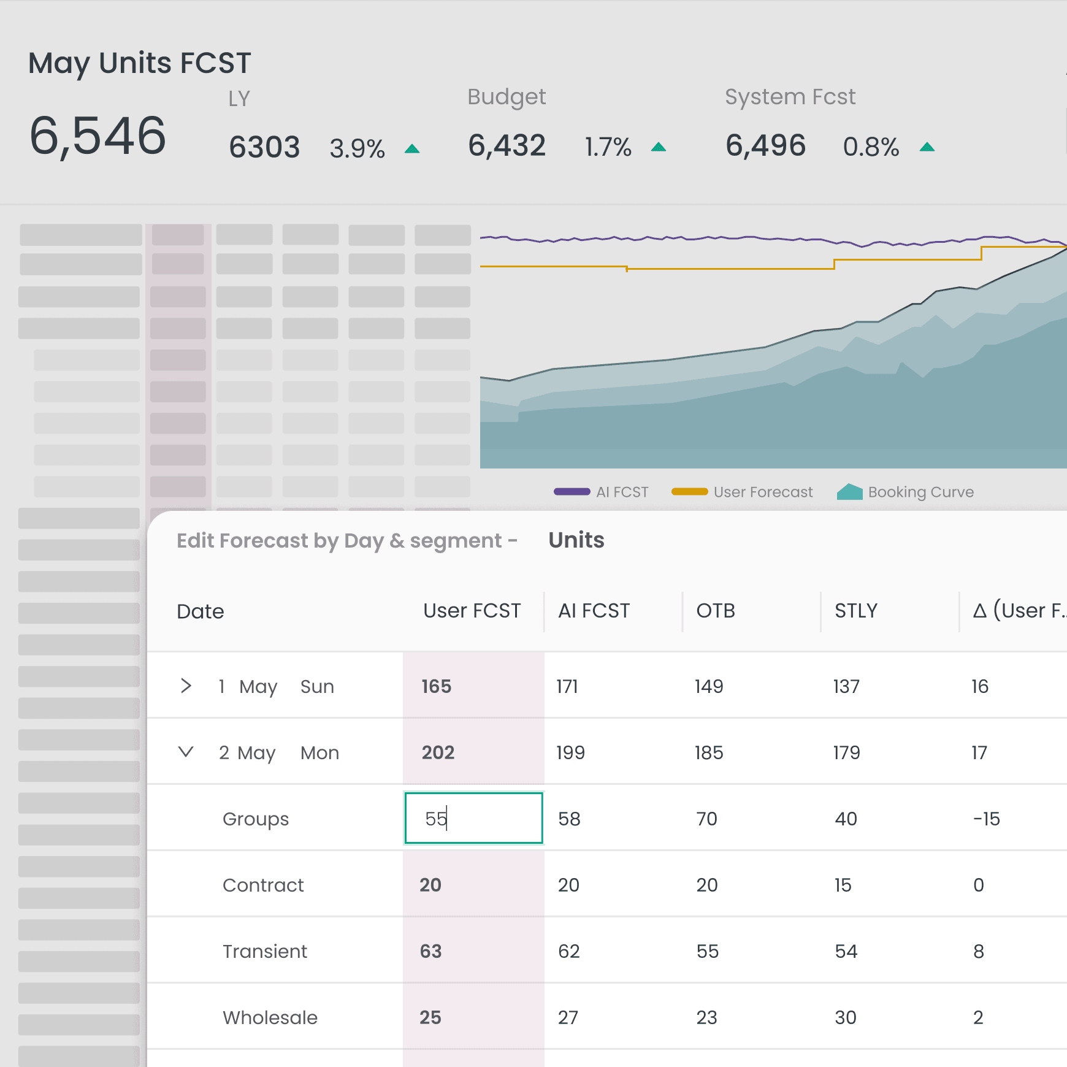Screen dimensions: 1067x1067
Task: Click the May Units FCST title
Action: click(140, 63)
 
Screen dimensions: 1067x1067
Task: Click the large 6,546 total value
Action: click(98, 136)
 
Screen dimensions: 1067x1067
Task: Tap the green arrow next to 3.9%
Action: click(412, 149)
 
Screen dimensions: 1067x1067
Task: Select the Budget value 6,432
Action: click(507, 146)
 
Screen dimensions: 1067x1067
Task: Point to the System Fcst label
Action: click(790, 97)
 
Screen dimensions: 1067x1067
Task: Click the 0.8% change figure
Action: click(871, 147)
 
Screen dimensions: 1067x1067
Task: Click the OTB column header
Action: click(716, 611)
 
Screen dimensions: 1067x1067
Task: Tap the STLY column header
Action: click(856, 611)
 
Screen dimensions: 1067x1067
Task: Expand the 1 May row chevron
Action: click(186, 686)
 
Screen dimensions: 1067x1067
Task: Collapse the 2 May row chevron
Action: click(186, 752)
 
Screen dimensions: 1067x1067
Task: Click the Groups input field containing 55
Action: click(473, 818)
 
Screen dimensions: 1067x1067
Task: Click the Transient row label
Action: click(265, 951)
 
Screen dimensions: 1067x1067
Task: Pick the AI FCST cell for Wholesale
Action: click(568, 1017)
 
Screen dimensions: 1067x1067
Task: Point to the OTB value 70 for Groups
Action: click(706, 819)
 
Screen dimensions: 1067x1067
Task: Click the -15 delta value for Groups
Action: click(986, 819)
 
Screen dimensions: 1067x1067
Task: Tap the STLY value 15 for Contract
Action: click(843, 885)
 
